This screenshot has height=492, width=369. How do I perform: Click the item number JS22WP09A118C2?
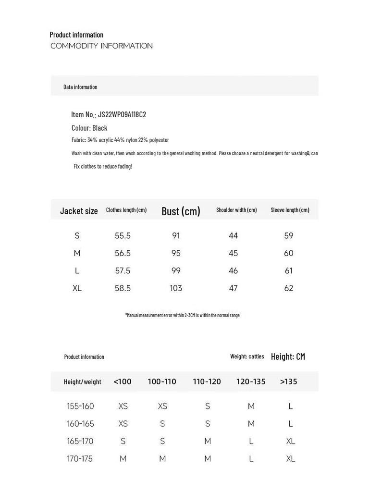[122, 114]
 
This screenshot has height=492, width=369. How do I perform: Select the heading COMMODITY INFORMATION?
[101, 46]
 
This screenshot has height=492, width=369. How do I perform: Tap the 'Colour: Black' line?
[89, 128]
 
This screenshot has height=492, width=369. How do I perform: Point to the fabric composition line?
[120, 140]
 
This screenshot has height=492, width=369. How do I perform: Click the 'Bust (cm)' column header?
[181, 211]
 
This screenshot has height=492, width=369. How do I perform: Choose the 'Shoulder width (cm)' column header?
[236, 210]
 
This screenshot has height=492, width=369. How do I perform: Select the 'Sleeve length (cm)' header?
[290, 210]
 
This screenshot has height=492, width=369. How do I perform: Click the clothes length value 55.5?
[123, 236]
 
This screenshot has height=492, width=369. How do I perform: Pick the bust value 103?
[176, 288]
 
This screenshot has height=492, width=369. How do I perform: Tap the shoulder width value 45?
[234, 253]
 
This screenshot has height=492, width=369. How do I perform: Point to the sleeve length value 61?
[289, 271]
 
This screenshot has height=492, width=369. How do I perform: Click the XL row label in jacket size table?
[77, 288]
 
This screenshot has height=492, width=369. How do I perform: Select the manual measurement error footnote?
[183, 315]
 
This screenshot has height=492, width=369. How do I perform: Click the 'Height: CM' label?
[288, 357]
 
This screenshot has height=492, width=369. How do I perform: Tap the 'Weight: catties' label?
[247, 357]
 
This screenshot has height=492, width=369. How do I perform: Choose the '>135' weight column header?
[289, 381]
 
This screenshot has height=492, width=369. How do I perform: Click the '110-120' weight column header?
[207, 381]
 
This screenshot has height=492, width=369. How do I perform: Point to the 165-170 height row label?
[80, 441]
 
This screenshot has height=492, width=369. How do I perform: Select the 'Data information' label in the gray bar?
[80, 87]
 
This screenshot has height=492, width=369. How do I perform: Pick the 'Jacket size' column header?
[79, 211]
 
